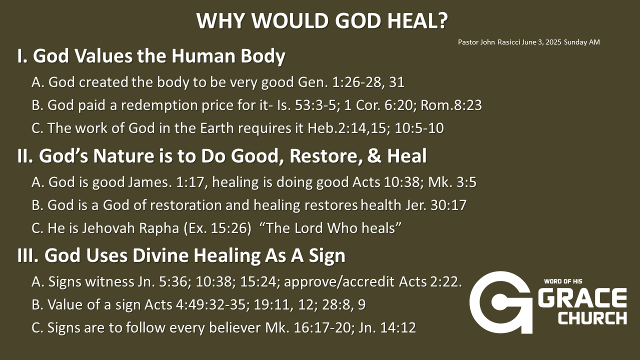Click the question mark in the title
click(x=441, y=20)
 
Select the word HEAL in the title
click(x=410, y=20)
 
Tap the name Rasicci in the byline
click(x=509, y=42)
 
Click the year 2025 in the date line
click(x=553, y=42)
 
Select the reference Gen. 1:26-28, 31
click(x=351, y=82)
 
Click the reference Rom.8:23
click(x=451, y=105)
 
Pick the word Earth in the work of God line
click(x=217, y=128)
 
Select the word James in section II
click(x=150, y=182)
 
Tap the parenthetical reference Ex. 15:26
click(x=217, y=228)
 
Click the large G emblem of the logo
click(x=500, y=302)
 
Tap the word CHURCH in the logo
click(x=592, y=318)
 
